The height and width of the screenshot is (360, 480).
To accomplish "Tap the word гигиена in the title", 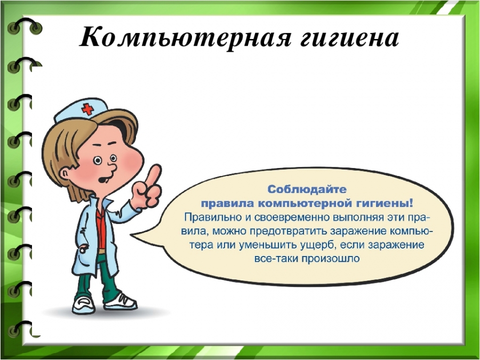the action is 349,38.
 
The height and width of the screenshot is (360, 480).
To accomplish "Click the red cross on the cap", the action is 88,109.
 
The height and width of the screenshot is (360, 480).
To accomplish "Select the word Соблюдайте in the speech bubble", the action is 307,189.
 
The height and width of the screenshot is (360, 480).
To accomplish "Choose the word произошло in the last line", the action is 331,259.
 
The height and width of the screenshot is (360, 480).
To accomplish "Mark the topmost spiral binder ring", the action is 25,26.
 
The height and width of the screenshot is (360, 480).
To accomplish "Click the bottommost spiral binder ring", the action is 20,329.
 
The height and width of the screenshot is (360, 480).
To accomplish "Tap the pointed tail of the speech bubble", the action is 132,235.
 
